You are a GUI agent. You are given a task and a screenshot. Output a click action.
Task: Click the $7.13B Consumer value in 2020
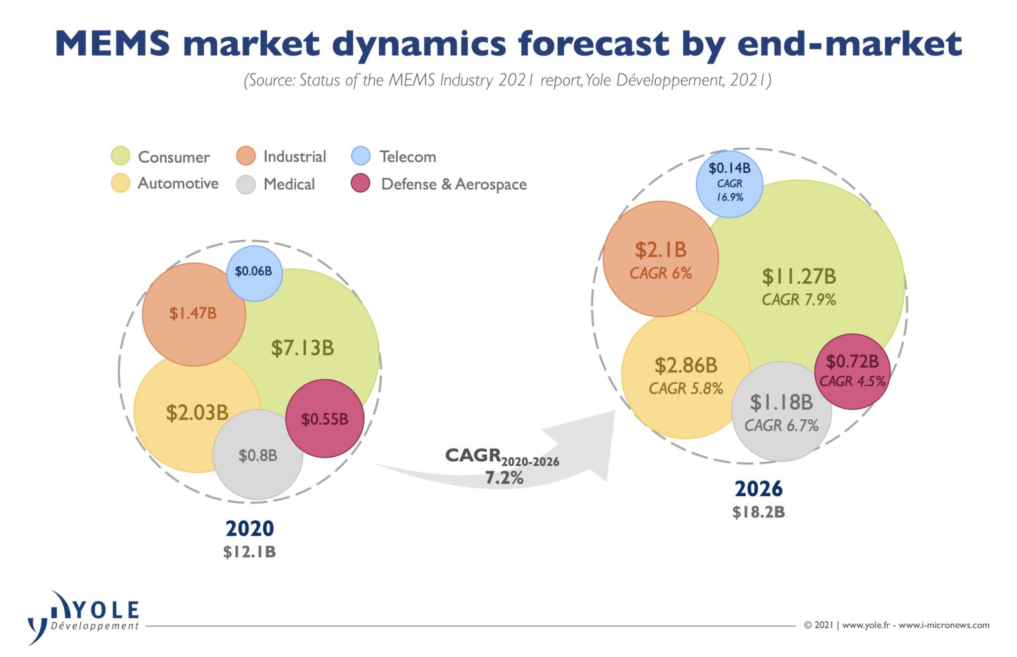tap(303, 348)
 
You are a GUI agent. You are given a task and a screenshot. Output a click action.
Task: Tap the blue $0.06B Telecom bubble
tap(254, 272)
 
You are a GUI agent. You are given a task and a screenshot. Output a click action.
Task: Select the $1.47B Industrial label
tap(193, 314)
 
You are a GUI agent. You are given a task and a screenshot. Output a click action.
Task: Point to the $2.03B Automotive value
tap(197, 413)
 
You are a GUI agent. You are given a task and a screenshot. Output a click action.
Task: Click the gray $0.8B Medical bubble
tap(258, 456)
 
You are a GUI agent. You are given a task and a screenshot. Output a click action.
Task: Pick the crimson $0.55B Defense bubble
tap(324, 419)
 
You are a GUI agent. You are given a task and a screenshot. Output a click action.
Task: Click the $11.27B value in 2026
tap(799, 277)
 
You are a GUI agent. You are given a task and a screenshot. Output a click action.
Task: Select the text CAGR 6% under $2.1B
tap(660, 273)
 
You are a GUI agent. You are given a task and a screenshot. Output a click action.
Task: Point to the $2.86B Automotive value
tap(686, 365)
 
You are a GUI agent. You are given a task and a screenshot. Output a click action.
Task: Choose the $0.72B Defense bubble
tap(852, 371)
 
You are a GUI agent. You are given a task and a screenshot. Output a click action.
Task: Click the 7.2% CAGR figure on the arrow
tap(504, 478)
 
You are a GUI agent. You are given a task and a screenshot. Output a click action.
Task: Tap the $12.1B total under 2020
tap(250, 552)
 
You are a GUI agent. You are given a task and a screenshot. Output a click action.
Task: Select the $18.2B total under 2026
tap(759, 512)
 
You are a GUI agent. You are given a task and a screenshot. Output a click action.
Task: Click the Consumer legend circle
tap(121, 156)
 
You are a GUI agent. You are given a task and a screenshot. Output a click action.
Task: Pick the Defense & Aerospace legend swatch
tap(361, 183)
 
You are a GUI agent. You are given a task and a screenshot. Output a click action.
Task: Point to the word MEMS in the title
tap(113, 44)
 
